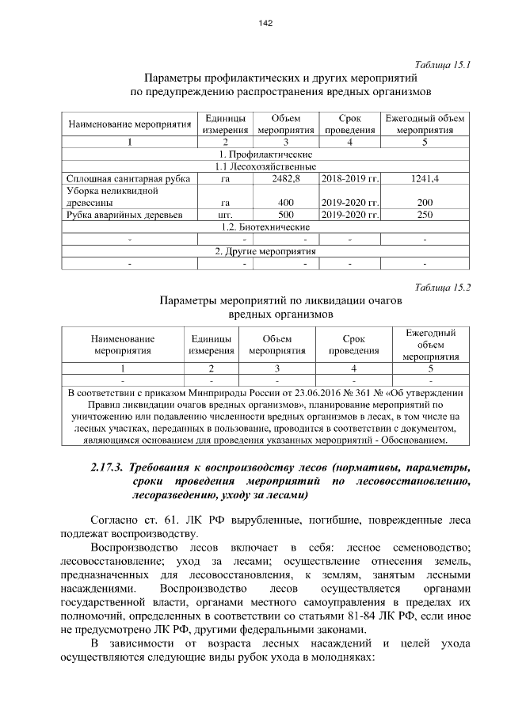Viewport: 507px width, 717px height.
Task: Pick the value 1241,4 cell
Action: [x=425, y=179]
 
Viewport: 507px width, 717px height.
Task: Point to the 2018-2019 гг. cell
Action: [x=350, y=179]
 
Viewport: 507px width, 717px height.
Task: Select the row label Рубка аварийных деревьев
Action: [x=125, y=215]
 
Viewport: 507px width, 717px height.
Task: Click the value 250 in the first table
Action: [x=425, y=215]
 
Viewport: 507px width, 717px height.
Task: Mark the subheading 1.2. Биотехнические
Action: [x=265, y=227]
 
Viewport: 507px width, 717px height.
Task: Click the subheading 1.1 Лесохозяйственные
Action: [x=265, y=167]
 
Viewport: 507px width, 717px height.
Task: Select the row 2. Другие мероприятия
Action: [x=265, y=251]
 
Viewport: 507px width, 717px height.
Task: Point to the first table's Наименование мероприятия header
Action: [x=129, y=124]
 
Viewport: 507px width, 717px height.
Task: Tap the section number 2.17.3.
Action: [x=112, y=465]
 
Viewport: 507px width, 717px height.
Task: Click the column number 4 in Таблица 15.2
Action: [x=353, y=368]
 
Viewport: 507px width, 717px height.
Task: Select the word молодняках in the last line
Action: [x=342, y=658]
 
